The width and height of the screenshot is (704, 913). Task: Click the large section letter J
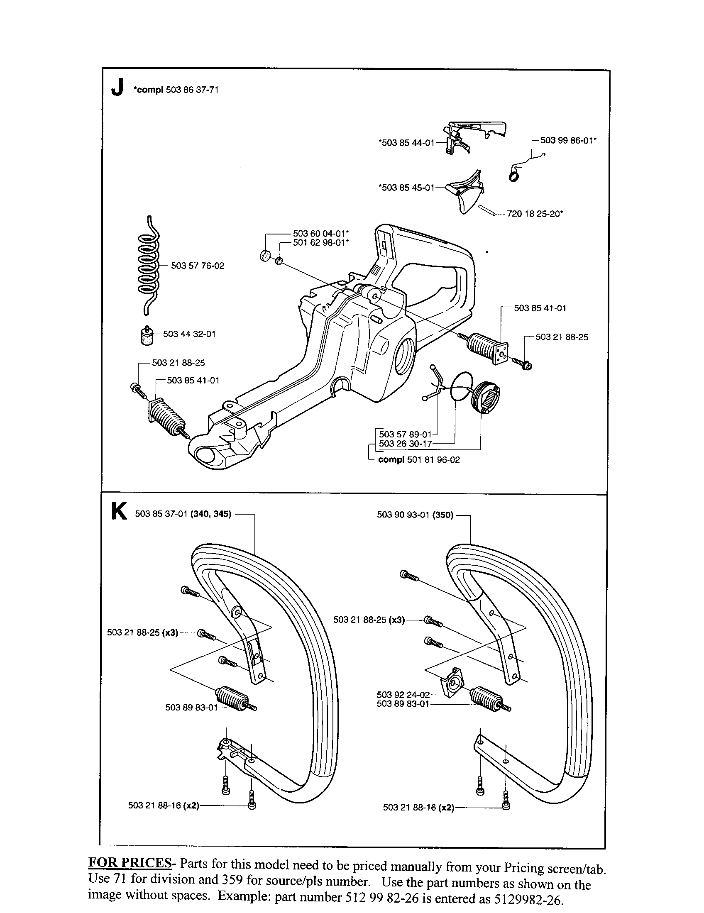coord(117,88)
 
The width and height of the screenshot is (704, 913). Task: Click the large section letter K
coord(119,512)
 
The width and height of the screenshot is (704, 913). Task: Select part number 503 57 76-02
coord(197,266)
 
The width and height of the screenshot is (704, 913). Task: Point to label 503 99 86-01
coord(568,140)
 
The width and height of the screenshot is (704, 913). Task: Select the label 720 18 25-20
coord(535,214)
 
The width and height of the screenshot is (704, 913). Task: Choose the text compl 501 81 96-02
coord(418,460)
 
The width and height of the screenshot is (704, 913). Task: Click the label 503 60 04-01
coord(320,234)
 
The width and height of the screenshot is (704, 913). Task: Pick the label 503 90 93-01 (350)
coord(415,515)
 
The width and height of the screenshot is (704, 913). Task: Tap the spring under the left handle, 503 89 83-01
coord(232,697)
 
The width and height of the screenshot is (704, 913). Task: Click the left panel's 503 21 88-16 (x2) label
coord(164,806)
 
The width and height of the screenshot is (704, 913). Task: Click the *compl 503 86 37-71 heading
coord(176,90)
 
